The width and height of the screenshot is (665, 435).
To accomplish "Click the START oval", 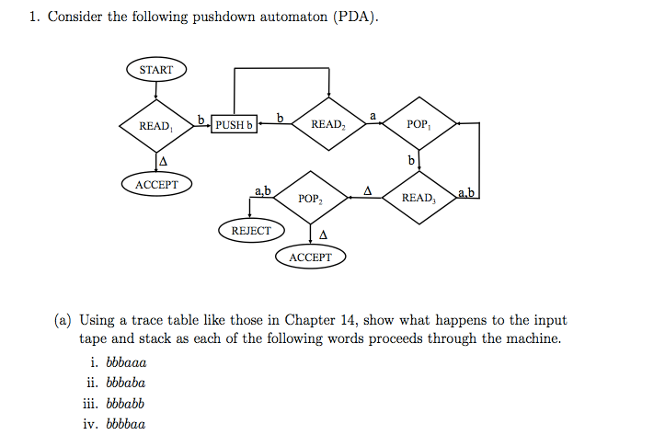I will coord(155,70).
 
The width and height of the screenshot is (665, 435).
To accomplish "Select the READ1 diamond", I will coord(155,125).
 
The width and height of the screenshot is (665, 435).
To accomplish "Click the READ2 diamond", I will coord(328,124).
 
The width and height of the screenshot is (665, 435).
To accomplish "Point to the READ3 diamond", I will coord(418,197).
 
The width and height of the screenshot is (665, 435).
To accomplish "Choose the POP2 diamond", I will coord(311,198).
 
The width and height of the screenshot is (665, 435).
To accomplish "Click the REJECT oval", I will coord(251,231).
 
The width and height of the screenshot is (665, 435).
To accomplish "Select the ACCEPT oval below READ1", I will coord(156,185).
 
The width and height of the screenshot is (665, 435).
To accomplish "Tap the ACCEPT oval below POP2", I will coord(311,258).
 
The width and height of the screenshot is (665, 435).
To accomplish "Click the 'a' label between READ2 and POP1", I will coord(373,115).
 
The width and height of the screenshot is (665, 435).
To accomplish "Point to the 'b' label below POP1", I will coord(412,161).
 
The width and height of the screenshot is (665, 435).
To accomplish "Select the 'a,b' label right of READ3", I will coord(465,191).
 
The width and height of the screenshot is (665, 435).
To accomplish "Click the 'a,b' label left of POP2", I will coord(262,190).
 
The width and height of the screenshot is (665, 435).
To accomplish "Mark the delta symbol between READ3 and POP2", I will coord(367,190).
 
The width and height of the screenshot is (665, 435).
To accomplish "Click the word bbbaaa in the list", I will coord(127,361).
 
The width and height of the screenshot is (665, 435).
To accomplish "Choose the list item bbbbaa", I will coord(126,424).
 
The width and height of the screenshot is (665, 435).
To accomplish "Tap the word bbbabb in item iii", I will coord(126,403).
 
